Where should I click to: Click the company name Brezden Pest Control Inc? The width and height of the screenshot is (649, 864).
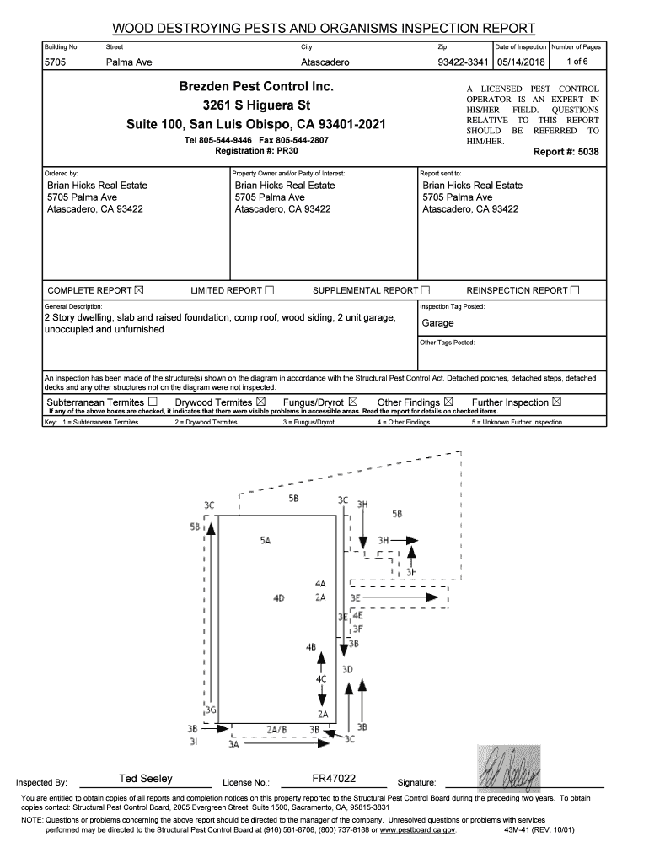click(256, 88)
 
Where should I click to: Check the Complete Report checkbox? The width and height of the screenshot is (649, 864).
click(139, 291)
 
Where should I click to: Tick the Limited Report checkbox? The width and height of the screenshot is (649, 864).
click(270, 291)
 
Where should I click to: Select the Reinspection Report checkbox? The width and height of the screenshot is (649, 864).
click(575, 291)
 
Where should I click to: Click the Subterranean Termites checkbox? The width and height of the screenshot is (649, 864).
click(153, 402)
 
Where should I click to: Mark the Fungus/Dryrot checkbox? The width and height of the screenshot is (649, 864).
click(353, 402)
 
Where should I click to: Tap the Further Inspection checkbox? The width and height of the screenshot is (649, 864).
click(557, 402)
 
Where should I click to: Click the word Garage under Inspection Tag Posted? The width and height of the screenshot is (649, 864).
click(438, 323)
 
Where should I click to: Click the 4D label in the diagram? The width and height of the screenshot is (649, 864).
click(278, 597)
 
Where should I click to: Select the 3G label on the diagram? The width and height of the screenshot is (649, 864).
click(212, 710)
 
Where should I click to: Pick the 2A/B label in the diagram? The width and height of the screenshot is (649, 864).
click(276, 727)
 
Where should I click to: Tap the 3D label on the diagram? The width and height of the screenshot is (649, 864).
click(347, 669)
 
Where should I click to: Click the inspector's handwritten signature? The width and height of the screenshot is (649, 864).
click(508, 767)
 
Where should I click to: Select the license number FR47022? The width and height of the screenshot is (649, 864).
click(333, 778)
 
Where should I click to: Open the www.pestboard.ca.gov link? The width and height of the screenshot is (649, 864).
click(417, 830)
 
